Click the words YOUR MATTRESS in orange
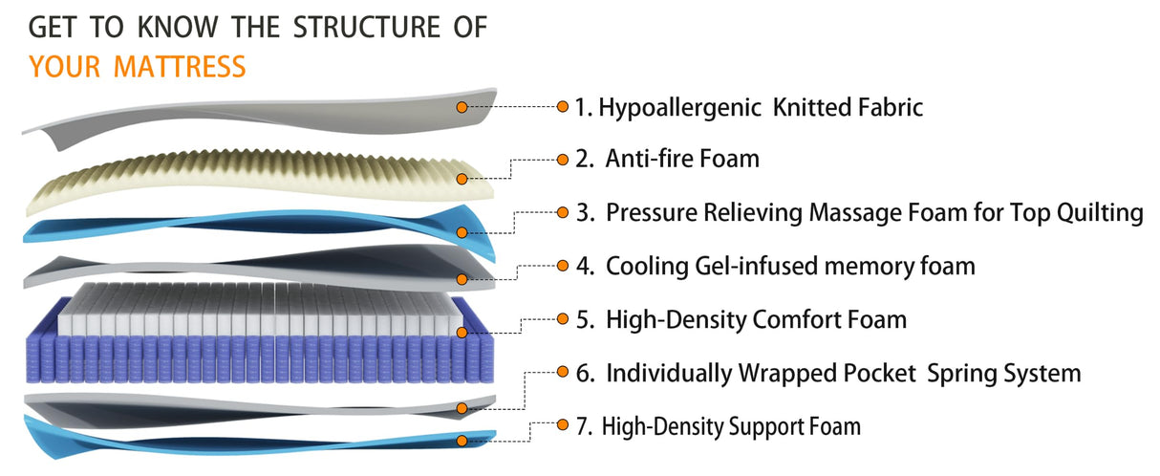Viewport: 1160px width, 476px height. point(137,68)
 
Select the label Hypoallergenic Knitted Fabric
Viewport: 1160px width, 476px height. point(748,107)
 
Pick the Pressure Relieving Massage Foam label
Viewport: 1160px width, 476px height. point(860,212)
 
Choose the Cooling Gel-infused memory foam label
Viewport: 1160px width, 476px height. point(775,266)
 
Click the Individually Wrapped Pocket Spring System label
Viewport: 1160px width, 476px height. point(828,373)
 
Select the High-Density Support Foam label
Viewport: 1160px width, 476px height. point(718,426)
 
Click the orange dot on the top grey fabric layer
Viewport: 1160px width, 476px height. point(462,107)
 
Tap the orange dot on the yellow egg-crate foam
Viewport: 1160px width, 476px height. point(462,178)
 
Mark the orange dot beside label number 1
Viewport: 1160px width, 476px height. point(563,107)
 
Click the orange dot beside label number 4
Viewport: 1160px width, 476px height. point(563,266)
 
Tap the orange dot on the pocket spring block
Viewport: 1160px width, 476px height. point(462,333)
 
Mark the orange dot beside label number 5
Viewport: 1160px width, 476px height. point(563,319)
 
